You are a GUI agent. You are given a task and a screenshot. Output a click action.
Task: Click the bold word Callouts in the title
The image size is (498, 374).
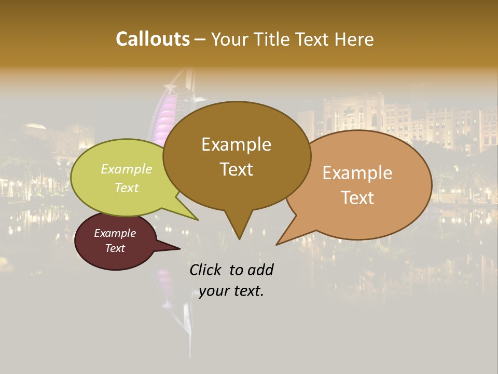pyautogui.click(x=153, y=39)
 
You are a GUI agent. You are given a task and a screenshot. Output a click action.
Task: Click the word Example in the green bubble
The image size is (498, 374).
pyautogui.click(x=127, y=169)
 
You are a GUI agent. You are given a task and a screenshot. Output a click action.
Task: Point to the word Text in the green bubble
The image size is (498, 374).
pyautogui.click(x=127, y=188)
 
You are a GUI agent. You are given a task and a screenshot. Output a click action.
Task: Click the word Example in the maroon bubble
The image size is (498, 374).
pyautogui.click(x=115, y=233)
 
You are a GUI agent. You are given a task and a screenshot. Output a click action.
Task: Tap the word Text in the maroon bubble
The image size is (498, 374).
pyautogui.click(x=115, y=248)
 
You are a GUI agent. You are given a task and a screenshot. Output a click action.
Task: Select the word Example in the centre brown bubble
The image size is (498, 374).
pyautogui.click(x=236, y=144)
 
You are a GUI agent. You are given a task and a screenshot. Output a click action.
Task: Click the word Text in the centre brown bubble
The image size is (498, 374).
pyautogui.click(x=236, y=169)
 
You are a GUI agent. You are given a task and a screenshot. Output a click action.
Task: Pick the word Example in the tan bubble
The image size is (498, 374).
pyautogui.click(x=357, y=173)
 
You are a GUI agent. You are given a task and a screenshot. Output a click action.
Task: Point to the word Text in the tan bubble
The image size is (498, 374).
pyautogui.click(x=357, y=198)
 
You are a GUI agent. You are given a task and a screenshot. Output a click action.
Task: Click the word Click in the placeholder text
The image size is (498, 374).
pyautogui.click(x=206, y=270)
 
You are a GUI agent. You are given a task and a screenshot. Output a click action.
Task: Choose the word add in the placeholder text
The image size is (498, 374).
pyautogui.click(x=261, y=270)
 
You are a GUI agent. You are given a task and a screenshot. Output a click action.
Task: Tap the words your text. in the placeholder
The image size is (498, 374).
pyautogui.click(x=231, y=291)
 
